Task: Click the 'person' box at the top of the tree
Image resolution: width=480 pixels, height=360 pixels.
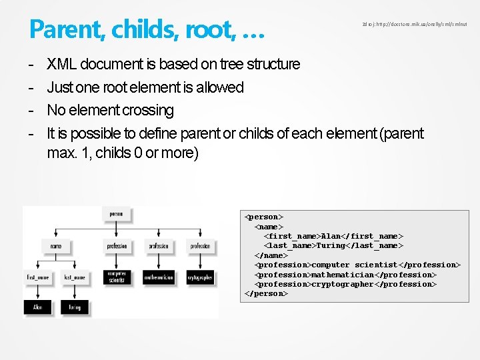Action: [x=116, y=215]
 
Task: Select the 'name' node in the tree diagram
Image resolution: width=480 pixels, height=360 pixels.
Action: [x=55, y=246]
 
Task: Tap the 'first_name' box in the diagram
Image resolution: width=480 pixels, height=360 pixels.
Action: [x=37, y=277]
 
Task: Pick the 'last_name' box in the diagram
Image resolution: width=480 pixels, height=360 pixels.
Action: [x=74, y=277]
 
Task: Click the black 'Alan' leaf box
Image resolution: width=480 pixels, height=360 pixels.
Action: [x=37, y=307]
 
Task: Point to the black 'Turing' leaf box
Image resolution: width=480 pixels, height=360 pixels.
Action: [x=74, y=307]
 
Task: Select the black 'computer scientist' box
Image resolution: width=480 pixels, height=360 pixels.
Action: [x=117, y=277]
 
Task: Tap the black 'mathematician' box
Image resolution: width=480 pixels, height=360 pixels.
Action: [x=159, y=277]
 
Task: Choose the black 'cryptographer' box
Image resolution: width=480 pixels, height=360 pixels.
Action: [x=200, y=277]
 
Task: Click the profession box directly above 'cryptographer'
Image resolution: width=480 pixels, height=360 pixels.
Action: [x=200, y=246]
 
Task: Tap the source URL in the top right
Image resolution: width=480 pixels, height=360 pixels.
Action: [x=414, y=24]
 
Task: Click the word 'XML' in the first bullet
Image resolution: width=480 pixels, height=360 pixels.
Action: [x=61, y=64]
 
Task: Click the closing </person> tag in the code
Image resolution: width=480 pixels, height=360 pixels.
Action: [x=267, y=293]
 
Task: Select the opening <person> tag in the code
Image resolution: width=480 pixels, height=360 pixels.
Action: [x=264, y=217]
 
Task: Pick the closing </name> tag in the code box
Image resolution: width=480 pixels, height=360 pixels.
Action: [x=271, y=255]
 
